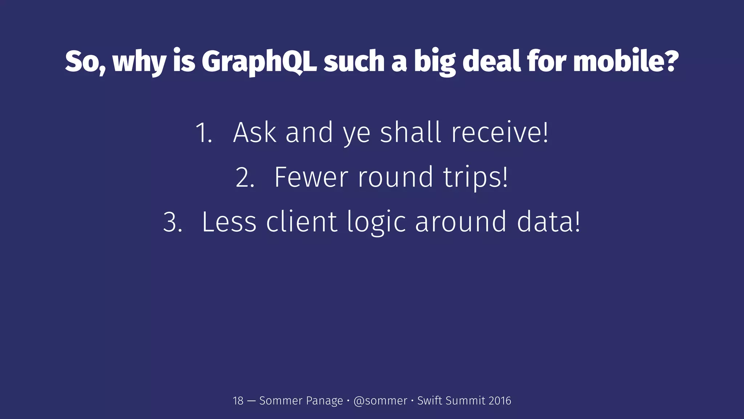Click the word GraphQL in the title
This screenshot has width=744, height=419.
tap(259, 62)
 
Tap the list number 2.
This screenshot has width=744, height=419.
tap(244, 177)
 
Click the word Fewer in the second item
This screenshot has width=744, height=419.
tap(311, 177)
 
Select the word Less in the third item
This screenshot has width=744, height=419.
tap(229, 222)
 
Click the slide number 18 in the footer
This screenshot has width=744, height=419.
tap(238, 401)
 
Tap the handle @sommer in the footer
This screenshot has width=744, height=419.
tap(380, 401)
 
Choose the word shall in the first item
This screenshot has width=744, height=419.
tap(411, 132)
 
